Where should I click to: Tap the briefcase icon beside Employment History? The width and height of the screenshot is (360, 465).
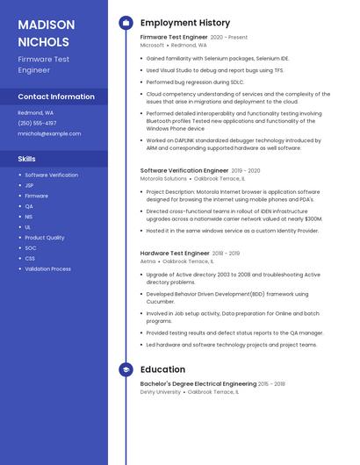(126, 23)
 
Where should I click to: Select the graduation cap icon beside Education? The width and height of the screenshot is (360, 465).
(126, 369)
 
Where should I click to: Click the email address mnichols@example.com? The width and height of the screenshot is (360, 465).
(49, 134)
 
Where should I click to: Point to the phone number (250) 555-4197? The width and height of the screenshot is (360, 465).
(37, 124)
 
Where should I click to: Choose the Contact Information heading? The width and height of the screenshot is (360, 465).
(56, 97)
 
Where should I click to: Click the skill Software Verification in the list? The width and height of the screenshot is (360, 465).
(51, 175)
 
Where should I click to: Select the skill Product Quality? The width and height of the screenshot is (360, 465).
(44, 238)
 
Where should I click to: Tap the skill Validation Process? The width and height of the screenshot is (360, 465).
(47, 269)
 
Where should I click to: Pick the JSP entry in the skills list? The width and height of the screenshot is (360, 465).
(29, 185)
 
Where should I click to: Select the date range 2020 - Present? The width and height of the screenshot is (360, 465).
(229, 38)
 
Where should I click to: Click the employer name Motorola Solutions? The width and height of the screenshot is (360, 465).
(163, 178)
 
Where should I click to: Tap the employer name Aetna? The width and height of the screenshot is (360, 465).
(148, 261)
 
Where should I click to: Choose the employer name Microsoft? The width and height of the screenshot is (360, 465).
(152, 45)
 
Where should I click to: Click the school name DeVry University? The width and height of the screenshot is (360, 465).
(161, 391)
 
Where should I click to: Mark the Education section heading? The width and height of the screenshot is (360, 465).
(162, 369)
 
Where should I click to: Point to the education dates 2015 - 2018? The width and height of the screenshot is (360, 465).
(272, 383)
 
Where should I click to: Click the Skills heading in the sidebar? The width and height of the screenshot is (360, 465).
(27, 159)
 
